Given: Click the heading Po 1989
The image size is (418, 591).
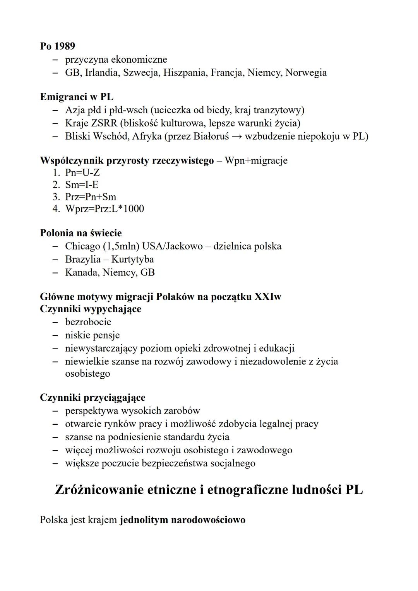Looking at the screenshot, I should coord(57,46).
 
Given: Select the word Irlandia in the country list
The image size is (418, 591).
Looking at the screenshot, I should coord(101,73).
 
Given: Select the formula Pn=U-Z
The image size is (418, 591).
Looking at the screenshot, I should coord(82,173).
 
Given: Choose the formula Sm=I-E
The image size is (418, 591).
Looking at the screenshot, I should coord(82,184).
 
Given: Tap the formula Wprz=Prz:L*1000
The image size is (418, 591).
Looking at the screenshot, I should coord(104,209).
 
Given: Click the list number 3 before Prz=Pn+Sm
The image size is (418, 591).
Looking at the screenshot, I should coord(56,197).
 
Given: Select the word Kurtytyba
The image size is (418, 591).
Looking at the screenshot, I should coord(132,260).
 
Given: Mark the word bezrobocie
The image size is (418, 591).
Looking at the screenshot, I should coord(88,322).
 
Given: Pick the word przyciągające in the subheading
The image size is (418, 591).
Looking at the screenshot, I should coord(114,398).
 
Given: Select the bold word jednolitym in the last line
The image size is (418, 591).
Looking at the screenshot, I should coord(144,520).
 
